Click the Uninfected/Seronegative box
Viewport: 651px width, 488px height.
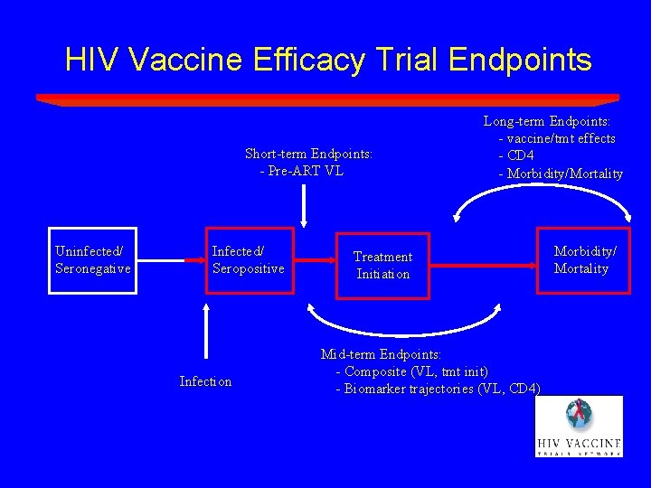tap(92, 260)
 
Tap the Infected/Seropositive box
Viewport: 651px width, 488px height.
tap(248, 260)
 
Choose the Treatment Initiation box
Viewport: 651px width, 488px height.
tap(382, 265)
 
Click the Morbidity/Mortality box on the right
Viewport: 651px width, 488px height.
tap(580, 260)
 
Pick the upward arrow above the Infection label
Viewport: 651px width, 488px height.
tap(207, 333)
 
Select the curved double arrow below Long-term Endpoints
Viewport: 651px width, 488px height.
tap(542, 195)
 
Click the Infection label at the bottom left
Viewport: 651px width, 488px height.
tap(205, 381)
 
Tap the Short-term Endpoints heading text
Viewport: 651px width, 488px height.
tap(308, 154)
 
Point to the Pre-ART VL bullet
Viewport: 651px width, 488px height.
tap(302, 171)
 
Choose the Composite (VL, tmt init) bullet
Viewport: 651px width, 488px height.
tap(412, 371)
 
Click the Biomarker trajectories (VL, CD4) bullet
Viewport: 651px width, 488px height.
tap(439, 389)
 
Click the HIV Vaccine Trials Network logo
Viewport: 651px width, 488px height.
tap(578, 427)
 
